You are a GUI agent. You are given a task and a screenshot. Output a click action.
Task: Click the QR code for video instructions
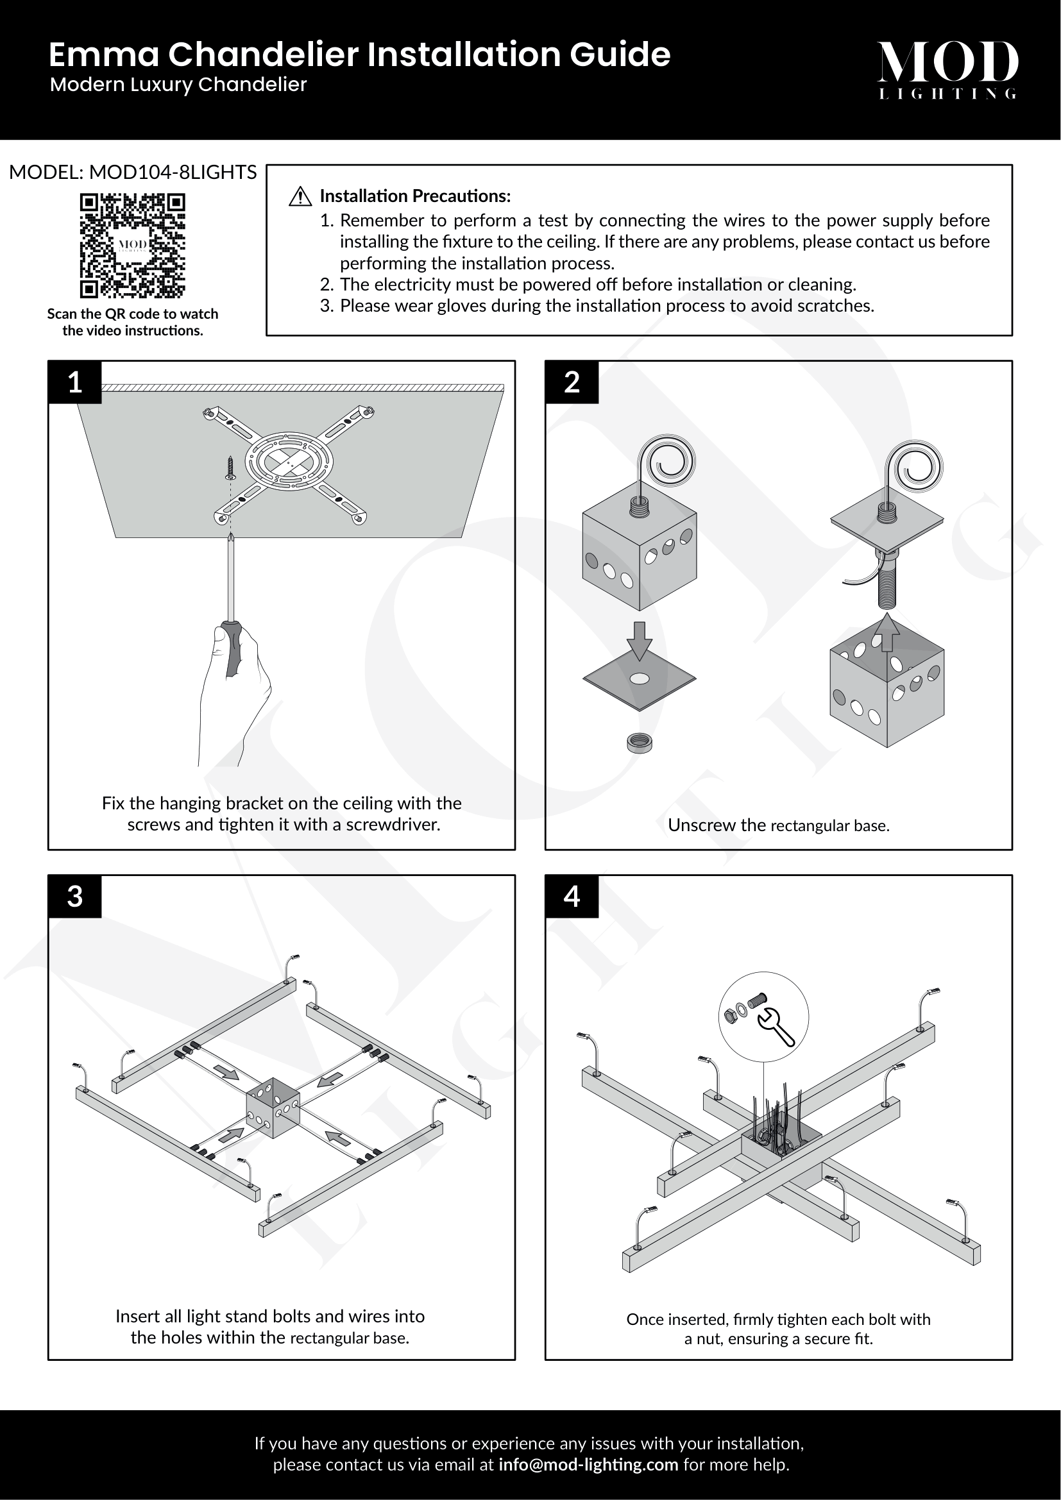coord(133,246)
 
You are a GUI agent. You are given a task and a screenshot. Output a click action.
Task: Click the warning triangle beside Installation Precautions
coord(300,196)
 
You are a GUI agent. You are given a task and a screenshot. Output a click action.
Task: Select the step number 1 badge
coord(75,382)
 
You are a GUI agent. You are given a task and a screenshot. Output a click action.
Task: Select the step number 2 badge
coord(572,382)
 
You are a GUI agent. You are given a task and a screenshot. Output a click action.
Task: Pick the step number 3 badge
coord(75,897)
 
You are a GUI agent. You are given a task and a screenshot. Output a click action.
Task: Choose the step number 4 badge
coord(572,897)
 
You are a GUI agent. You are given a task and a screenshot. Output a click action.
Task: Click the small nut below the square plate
coord(639,743)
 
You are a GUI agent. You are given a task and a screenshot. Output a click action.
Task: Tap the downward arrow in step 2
coord(640,641)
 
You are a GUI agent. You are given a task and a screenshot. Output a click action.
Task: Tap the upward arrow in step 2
coord(887,632)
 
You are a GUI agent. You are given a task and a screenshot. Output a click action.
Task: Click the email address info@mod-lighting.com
coord(588,1465)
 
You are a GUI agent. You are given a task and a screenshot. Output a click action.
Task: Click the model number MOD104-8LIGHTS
coord(173,173)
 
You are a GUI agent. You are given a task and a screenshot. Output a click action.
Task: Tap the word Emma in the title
coord(105,55)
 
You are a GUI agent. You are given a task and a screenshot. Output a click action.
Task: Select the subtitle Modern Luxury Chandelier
coord(178,85)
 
